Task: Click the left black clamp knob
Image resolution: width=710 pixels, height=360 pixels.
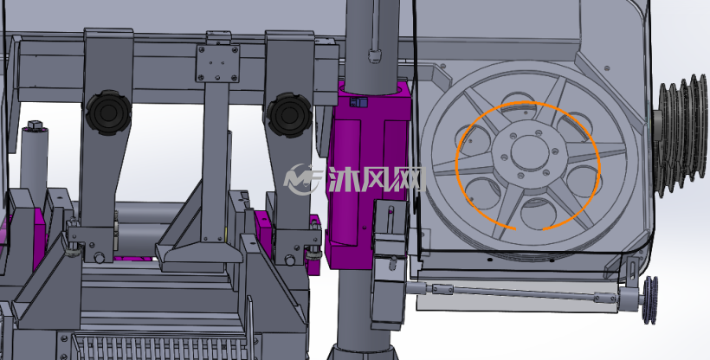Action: (x=108, y=112)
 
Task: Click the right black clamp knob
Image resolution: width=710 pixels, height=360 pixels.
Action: (x=289, y=114)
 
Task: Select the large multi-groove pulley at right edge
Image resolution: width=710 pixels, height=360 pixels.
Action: (x=680, y=135)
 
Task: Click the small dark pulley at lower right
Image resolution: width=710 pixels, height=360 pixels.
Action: (x=650, y=299)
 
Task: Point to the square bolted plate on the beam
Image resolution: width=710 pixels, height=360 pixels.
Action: (x=217, y=63)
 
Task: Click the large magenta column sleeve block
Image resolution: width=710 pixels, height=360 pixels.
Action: (x=368, y=177)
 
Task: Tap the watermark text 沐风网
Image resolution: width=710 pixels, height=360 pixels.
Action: (x=377, y=180)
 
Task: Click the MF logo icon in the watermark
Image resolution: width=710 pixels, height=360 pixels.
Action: (x=302, y=179)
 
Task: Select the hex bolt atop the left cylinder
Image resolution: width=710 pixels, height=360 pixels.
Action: (x=35, y=125)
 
